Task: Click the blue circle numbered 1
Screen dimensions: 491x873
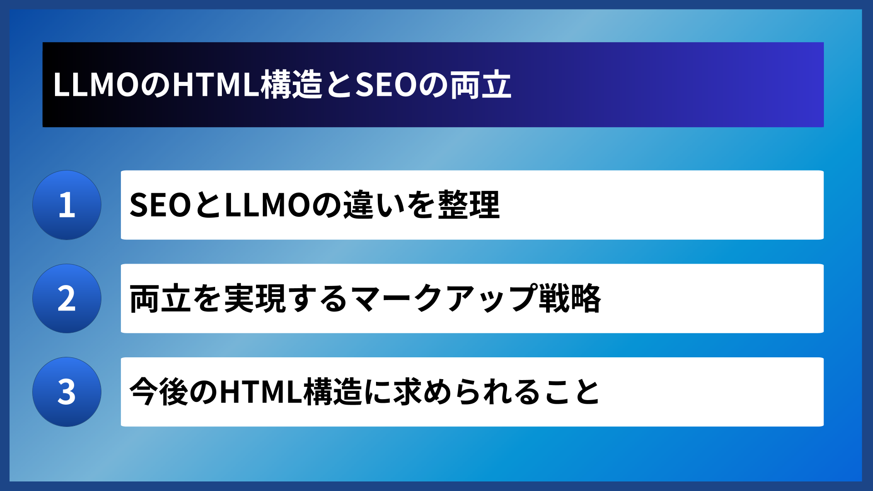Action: point(67,205)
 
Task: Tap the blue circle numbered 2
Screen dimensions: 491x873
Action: point(67,299)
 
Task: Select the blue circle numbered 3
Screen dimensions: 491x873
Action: point(67,392)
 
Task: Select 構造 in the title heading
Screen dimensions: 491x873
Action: point(291,85)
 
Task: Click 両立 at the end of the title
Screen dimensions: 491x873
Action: point(481,85)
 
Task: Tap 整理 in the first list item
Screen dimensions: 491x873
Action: point(469,205)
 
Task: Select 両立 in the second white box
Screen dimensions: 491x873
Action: point(160,299)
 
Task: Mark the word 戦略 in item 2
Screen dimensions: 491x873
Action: point(570,299)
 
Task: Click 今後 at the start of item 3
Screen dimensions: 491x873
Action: point(159,392)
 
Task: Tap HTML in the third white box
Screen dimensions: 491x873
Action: point(261,392)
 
